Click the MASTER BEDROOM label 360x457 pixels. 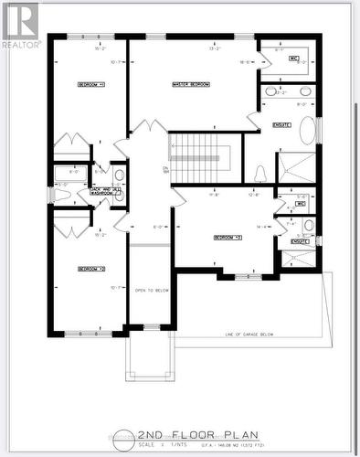(191, 84)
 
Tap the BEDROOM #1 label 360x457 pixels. (89, 84)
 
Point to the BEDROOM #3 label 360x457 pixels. (226, 237)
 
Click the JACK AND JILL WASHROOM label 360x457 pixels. (100, 191)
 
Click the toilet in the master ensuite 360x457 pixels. (260, 173)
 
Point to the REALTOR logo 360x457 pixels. (20, 24)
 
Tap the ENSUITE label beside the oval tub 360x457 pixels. (281, 124)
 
